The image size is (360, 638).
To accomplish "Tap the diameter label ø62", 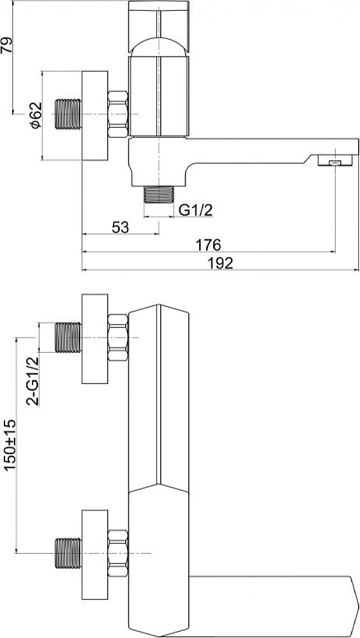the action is (36, 115).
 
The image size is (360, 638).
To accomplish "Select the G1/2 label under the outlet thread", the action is (197, 211).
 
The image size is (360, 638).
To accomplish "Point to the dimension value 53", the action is (120, 227).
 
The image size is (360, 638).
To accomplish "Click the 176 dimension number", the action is (209, 245).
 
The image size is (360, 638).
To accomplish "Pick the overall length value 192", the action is (220, 263).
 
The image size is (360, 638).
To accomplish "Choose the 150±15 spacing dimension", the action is (10, 445).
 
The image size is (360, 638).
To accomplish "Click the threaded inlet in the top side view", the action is (68, 114).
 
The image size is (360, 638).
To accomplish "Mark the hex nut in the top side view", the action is (118, 114).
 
